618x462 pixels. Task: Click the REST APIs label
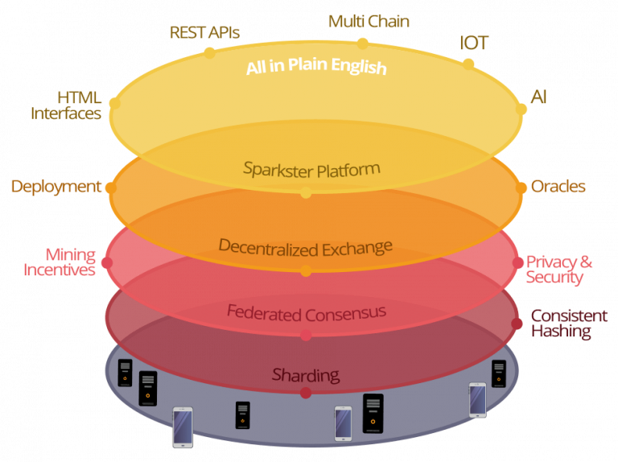[x=204, y=33]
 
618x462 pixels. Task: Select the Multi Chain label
[x=369, y=22]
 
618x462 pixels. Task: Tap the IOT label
[x=474, y=43]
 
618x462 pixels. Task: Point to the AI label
[x=539, y=97]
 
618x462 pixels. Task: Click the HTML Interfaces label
[x=67, y=105]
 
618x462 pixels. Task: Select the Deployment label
[x=56, y=187]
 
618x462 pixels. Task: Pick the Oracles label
[x=558, y=187]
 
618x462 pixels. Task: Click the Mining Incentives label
[x=60, y=262]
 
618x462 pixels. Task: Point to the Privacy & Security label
[x=559, y=269]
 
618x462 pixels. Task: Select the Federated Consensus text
[x=306, y=311]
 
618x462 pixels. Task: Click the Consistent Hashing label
[x=569, y=324]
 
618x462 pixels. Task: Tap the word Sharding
[x=306, y=374]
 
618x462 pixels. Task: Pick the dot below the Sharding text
[x=306, y=393]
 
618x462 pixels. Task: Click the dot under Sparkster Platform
[x=306, y=193]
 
